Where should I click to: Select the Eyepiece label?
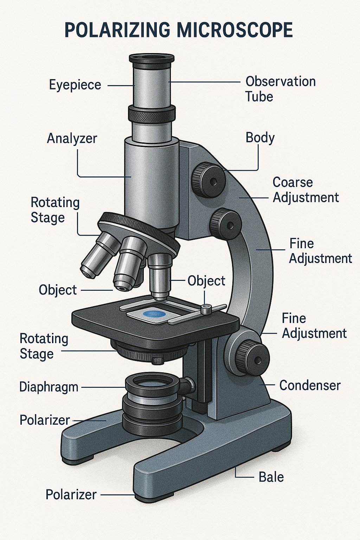pyautogui.click(x=75, y=85)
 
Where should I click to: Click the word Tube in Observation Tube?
pyautogui.click(x=259, y=97)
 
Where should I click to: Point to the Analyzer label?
pyautogui.click(x=72, y=138)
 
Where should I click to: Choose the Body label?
pyautogui.click(x=260, y=137)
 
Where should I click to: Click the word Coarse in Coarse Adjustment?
pyautogui.click(x=292, y=182)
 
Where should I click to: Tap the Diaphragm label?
pyautogui.click(x=49, y=387)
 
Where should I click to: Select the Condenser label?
pyautogui.click(x=310, y=385)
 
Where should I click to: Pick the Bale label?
pyautogui.click(x=271, y=477)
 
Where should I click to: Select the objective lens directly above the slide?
pyautogui.click(x=160, y=276)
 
